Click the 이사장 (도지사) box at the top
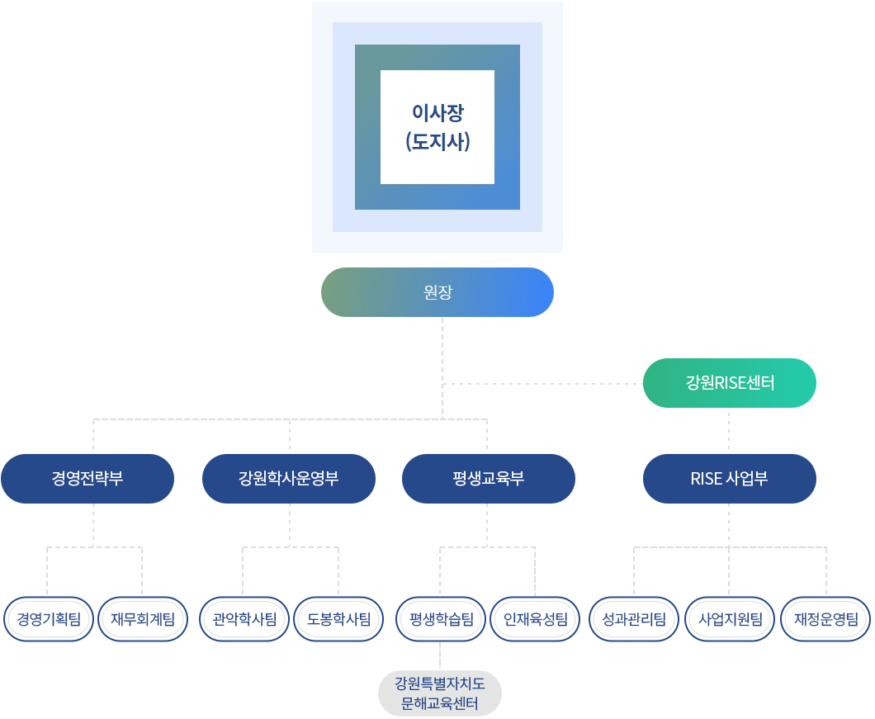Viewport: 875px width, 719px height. click(x=437, y=127)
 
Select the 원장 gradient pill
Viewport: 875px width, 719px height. click(x=437, y=292)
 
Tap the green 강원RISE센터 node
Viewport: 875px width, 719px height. click(x=730, y=383)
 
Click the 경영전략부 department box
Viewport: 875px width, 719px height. click(x=87, y=479)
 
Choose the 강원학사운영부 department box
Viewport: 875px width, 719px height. click(x=289, y=479)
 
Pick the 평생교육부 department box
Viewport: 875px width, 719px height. click(x=489, y=479)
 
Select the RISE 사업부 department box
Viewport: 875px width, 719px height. click(x=730, y=479)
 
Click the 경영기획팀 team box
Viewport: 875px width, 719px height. click(x=49, y=618)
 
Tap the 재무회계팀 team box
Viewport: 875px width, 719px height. click(x=143, y=618)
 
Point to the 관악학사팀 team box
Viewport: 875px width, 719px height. click(x=244, y=618)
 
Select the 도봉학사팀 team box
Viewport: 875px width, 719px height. click(x=338, y=618)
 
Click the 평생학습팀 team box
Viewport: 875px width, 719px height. click(x=441, y=618)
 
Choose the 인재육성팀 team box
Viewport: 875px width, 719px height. click(x=535, y=618)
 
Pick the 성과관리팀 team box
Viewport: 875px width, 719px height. click(x=634, y=618)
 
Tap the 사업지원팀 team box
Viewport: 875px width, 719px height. click(x=730, y=618)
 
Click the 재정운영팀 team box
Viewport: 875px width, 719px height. click(x=825, y=618)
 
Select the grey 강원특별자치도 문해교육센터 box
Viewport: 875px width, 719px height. click(x=440, y=693)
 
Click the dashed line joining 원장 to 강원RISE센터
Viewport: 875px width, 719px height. click(x=545, y=384)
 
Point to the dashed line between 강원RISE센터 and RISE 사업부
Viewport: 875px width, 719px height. click(x=730, y=431)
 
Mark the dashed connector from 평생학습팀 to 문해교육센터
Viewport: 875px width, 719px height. click(x=441, y=655)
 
